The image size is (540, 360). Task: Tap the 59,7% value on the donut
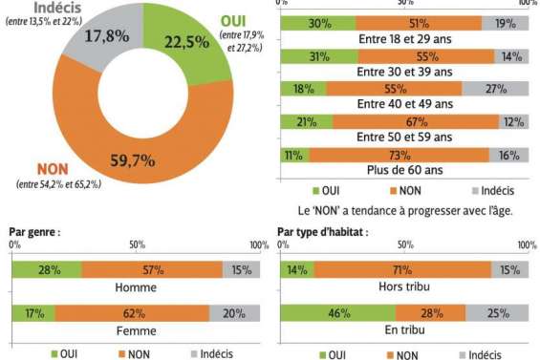[132, 159]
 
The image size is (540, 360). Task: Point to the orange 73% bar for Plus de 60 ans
[398, 155]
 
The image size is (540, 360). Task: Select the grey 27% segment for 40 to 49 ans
[496, 90]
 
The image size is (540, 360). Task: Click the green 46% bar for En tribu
[336, 312]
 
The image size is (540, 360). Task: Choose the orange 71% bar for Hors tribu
[401, 271]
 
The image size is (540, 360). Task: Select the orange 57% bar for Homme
[151, 271]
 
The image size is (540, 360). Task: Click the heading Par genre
[34, 231]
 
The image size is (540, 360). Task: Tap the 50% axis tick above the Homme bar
[137, 245]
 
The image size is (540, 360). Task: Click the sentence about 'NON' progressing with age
[405, 209]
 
